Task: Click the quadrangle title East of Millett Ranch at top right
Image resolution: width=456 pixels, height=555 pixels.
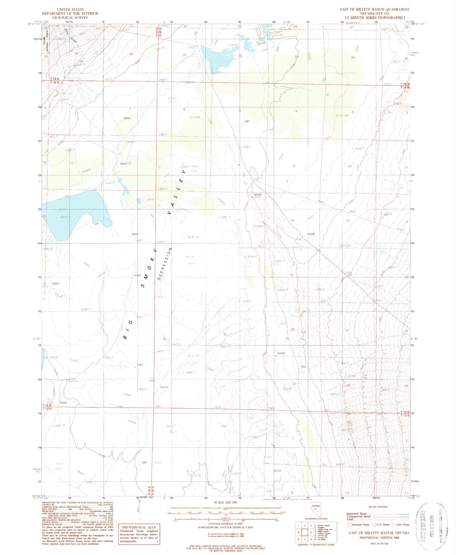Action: [x=375, y=9]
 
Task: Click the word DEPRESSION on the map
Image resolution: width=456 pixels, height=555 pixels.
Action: [x=165, y=263]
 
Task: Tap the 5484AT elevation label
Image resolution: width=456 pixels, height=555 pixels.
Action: [x=127, y=118]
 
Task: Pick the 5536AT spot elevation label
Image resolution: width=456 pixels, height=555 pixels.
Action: [x=311, y=234]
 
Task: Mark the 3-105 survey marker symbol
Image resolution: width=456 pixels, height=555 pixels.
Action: [x=341, y=245]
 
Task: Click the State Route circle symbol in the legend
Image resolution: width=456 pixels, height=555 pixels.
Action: [x=394, y=524]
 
